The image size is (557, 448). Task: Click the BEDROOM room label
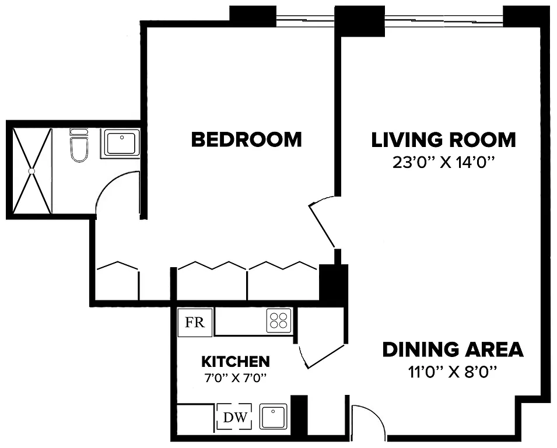coord(246,140)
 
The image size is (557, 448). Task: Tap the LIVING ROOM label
coord(443,140)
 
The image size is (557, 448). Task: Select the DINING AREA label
coord(453,350)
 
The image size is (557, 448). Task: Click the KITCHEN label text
coord(235,361)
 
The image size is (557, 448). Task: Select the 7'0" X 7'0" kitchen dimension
coord(235,377)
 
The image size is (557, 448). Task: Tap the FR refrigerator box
coord(195,323)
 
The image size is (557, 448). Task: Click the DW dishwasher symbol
coord(234,417)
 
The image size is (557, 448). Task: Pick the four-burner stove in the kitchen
coord(279,321)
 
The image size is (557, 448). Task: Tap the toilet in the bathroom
coord(78,146)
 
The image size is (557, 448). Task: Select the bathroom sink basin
coord(121,143)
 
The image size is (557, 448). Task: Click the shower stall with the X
coord(31,170)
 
